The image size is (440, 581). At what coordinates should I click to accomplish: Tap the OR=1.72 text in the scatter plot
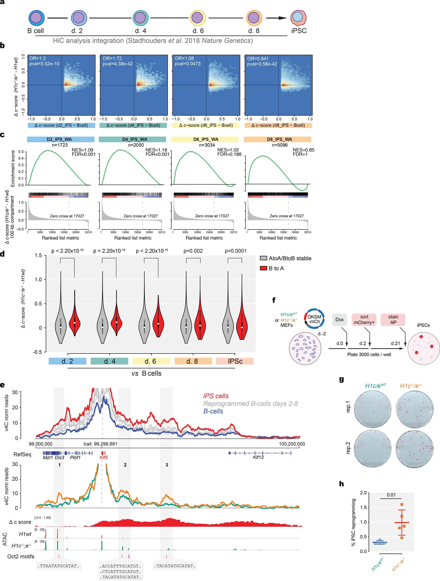coord(112,58)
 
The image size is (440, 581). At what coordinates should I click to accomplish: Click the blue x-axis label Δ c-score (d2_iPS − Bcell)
coord(62,125)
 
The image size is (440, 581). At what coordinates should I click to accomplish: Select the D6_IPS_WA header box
coord(205,139)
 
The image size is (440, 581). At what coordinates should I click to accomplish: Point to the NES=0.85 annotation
coord(303,150)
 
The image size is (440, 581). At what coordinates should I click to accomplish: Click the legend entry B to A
coord(276,268)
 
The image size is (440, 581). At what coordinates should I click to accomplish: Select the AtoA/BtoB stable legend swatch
coord(263,258)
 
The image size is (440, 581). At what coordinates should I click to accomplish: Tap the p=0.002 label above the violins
coord(193,251)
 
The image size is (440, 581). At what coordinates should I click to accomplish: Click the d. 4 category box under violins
coord(109,361)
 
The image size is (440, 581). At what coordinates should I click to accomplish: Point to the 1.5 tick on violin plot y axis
coord(38,256)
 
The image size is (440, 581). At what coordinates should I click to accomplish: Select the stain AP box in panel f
coord(393,320)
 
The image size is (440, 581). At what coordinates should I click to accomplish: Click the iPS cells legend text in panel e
coord(216,396)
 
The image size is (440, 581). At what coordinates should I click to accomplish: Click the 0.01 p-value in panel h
coord(391,495)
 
